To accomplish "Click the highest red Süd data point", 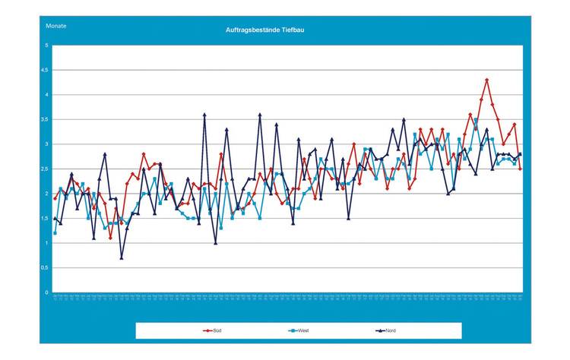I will [486, 80].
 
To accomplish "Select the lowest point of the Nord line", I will [121, 258].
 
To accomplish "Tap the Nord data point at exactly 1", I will [216, 243].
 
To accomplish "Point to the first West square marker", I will [55, 233].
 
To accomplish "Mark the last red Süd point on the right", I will [520, 169].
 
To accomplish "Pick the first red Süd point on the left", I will [55, 198].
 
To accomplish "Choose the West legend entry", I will [299, 331].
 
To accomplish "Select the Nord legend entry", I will [386, 331].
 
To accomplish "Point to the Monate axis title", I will [56, 26].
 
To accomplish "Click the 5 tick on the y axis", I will [46, 46].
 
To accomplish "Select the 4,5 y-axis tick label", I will [46, 71].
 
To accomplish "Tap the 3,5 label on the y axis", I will [46, 120].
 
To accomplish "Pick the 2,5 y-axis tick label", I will [46, 169].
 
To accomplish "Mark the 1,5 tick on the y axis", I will [46, 219].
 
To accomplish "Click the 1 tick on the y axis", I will [47, 243].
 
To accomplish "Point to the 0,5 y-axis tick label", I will [46, 268].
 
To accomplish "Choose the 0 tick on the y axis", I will [47, 292].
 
